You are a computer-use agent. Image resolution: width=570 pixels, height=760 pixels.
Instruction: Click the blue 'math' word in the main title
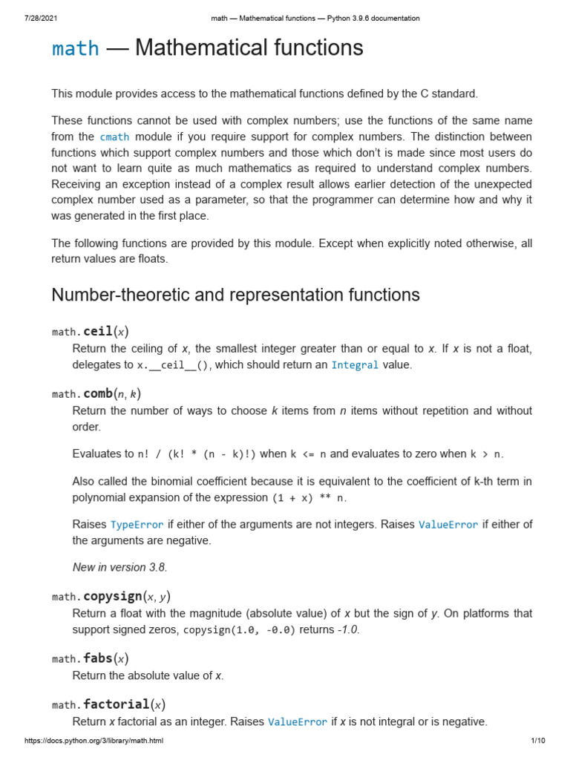75,49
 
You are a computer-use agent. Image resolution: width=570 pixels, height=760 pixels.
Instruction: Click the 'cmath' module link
114,137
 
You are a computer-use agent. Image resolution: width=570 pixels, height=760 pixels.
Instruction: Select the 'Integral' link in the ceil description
355,365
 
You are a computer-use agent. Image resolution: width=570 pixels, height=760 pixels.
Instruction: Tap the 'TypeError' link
137,525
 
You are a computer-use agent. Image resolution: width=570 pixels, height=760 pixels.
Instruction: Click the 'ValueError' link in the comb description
448,525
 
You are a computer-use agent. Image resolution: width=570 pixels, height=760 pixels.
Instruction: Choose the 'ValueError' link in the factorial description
297,721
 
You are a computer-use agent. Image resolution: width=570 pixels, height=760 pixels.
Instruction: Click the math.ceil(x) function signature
95,331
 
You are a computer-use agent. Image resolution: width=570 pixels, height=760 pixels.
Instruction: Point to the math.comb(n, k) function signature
96,393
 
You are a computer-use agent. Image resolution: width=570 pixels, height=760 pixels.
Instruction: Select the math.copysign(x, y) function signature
111,597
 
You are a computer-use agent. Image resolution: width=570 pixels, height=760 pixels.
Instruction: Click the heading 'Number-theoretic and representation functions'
235,295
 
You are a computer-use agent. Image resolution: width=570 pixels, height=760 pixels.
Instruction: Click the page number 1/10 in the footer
538,741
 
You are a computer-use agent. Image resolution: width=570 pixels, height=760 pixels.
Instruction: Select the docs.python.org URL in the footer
94,741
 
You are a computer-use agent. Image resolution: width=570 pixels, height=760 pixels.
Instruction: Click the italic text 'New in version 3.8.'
119,567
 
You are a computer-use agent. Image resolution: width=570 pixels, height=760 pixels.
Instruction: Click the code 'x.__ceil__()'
172,365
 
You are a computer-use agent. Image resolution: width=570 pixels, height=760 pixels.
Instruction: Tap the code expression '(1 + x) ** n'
309,497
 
